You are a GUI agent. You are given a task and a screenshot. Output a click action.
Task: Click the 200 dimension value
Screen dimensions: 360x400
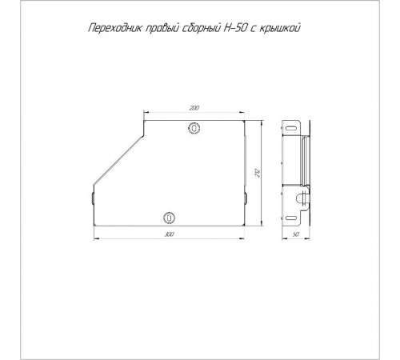pos(194,107)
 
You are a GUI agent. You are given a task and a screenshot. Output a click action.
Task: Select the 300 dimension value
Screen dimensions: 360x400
pos(169,234)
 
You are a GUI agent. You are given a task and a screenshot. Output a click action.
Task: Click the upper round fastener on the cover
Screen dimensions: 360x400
pos(194,128)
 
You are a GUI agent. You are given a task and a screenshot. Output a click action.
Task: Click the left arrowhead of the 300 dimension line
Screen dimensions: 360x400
pos(94,238)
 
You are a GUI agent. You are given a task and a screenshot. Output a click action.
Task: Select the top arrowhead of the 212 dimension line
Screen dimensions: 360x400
pos(265,118)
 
